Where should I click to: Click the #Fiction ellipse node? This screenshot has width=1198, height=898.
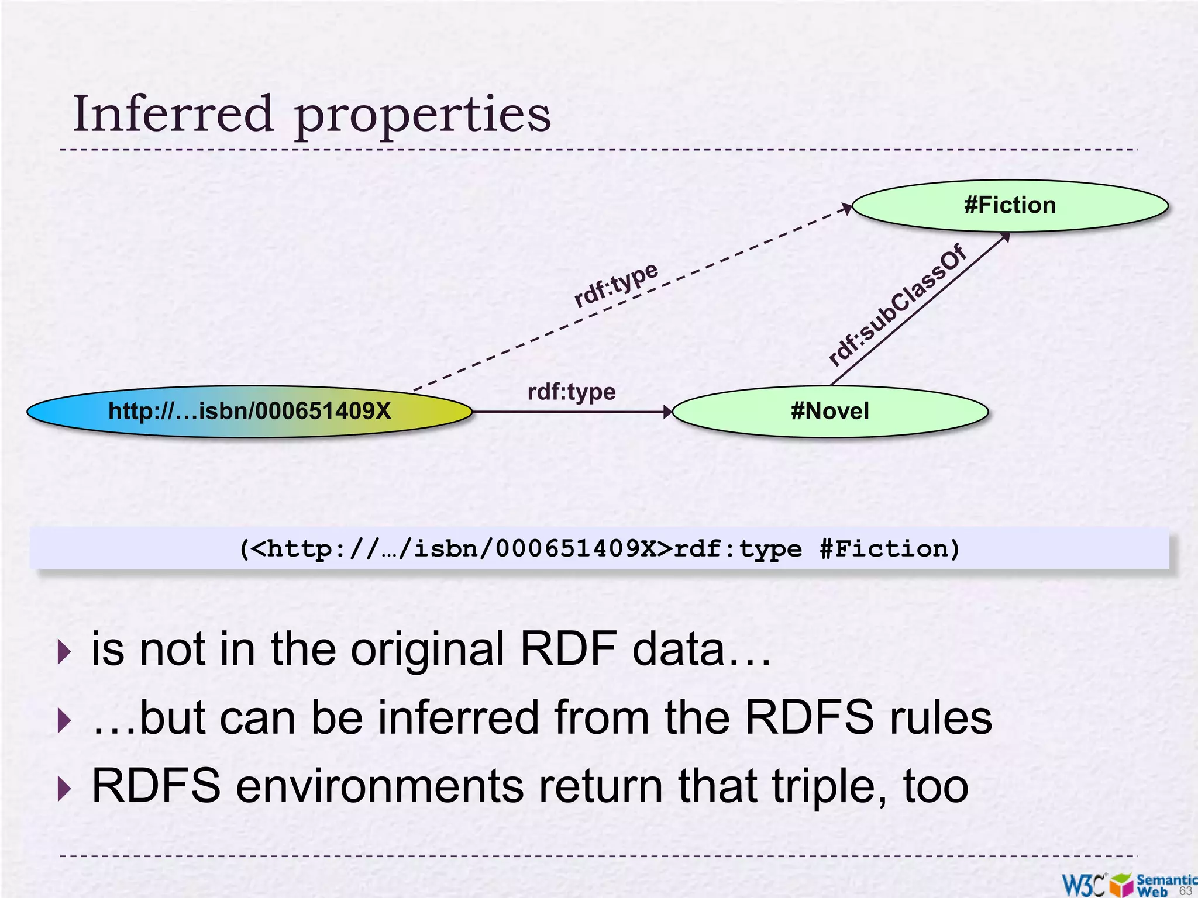(1010, 206)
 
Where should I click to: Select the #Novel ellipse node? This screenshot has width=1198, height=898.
(830, 411)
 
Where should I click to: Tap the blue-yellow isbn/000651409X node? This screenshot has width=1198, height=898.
(249, 411)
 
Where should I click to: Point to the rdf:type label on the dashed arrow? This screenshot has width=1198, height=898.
(616, 284)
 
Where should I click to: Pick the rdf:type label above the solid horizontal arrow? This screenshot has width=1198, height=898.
(572, 392)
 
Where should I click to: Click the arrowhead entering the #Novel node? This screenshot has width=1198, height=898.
(668, 412)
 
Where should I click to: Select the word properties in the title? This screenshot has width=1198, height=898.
(422, 116)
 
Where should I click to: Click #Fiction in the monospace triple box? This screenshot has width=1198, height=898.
(889, 549)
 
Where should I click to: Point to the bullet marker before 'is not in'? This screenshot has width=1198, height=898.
(64, 652)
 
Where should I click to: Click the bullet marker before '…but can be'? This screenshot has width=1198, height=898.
(64, 720)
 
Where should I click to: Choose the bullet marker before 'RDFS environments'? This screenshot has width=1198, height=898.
(64, 789)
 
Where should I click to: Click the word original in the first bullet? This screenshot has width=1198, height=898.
(427, 650)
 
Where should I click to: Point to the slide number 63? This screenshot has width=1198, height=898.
(1185, 891)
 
